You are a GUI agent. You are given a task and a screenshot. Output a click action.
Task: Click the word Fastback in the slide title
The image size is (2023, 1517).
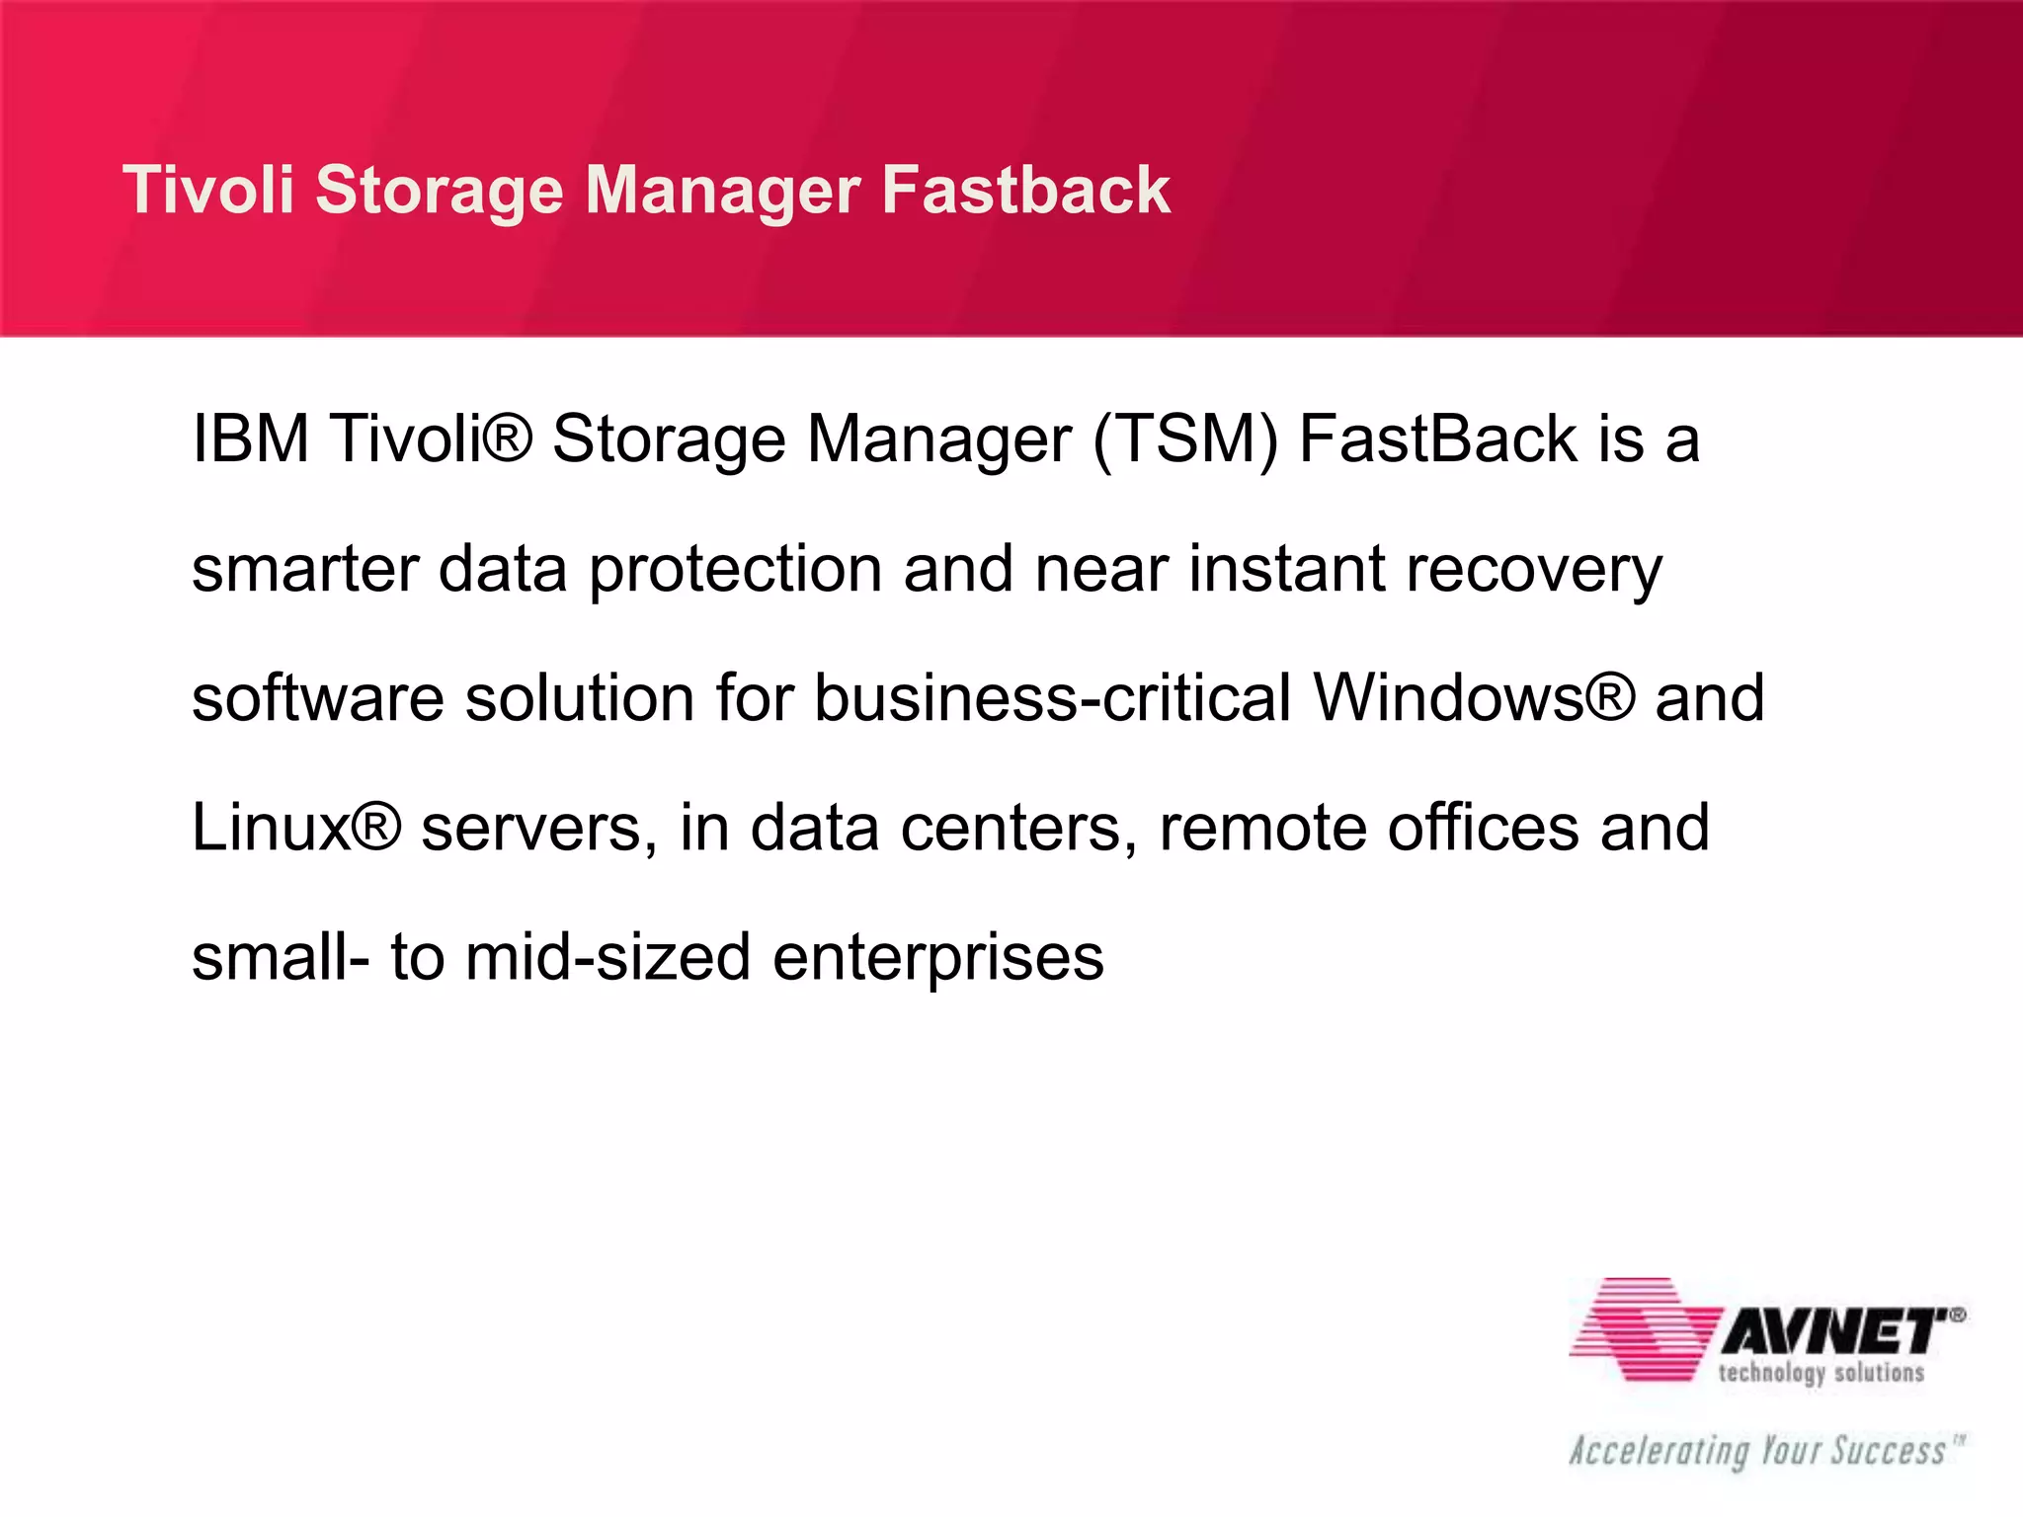tap(1025, 190)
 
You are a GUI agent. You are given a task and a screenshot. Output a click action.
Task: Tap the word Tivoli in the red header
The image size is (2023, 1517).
tap(208, 190)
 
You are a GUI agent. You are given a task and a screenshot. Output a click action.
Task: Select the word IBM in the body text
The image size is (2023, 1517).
tap(251, 439)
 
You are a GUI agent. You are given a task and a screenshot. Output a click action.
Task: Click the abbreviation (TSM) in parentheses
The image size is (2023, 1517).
tap(1184, 440)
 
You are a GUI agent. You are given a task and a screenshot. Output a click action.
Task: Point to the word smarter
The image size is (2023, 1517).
tap(304, 570)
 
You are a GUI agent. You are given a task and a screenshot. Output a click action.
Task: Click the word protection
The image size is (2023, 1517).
tap(735, 572)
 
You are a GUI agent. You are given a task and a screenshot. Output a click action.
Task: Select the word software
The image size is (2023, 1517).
tap(318, 698)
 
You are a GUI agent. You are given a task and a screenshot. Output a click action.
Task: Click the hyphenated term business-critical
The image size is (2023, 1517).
tap(1053, 698)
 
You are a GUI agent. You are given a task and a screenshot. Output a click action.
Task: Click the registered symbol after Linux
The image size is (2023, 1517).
tap(376, 828)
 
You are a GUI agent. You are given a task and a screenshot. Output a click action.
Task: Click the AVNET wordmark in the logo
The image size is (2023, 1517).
tap(1835, 1332)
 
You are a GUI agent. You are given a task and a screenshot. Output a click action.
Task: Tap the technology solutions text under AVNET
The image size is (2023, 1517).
tap(1821, 1374)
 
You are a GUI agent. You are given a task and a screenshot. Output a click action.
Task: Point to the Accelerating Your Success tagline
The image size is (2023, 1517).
tap(1758, 1452)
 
